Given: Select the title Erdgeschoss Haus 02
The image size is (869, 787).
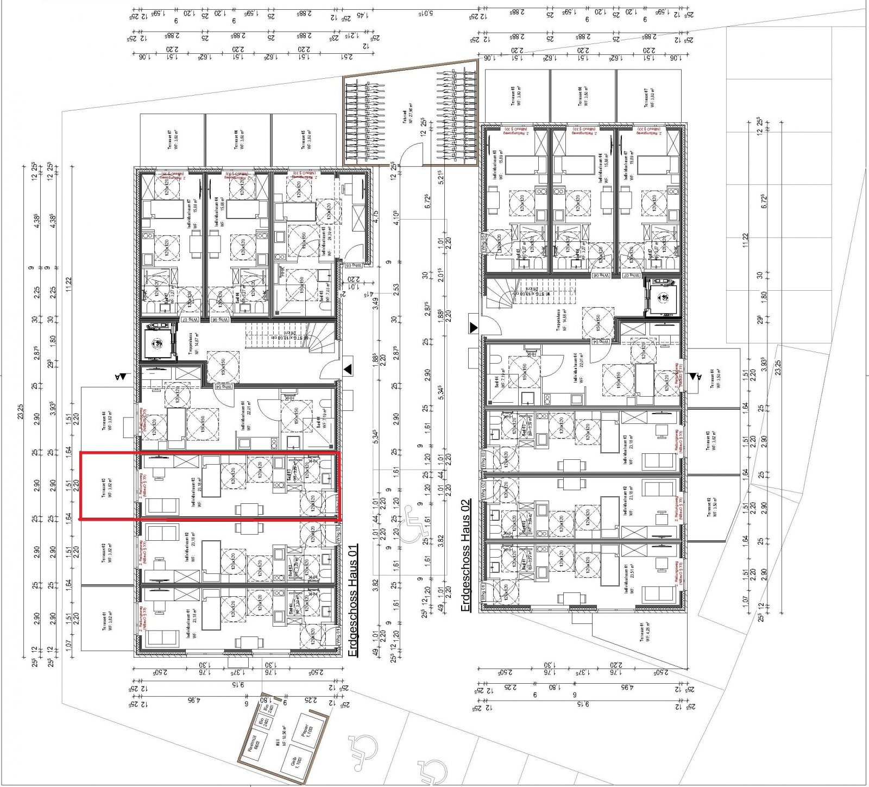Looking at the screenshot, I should click(465, 556).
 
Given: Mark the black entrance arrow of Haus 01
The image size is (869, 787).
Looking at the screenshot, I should click(348, 369).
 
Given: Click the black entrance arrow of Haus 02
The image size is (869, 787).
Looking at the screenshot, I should click(474, 327).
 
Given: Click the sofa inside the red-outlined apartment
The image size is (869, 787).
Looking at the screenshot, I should click(163, 506).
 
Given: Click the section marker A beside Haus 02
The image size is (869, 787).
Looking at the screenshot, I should click(696, 376).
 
